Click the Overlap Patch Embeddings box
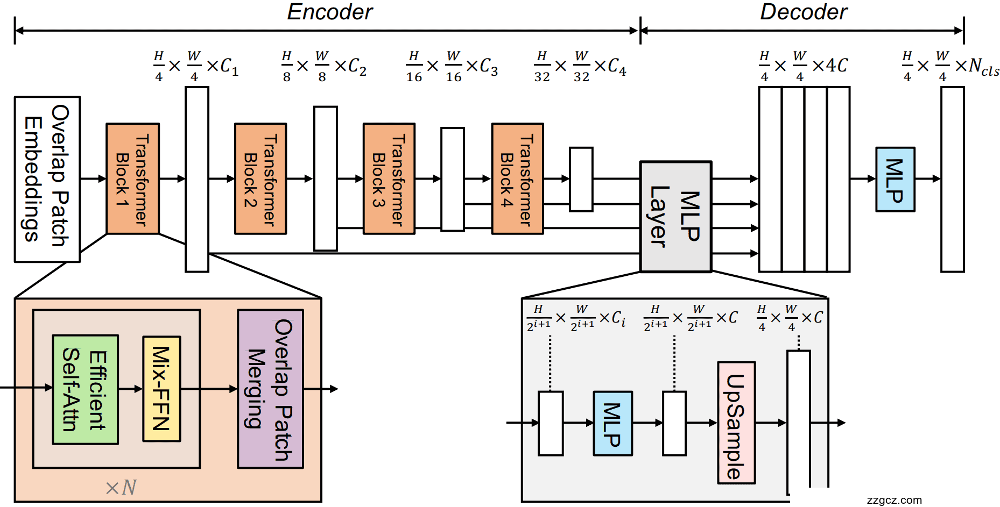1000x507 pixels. [x=47, y=179]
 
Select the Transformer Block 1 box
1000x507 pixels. [x=132, y=178]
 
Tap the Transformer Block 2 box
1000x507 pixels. [x=260, y=178]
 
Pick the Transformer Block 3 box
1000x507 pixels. [x=389, y=178]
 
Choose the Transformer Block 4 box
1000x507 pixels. [x=517, y=178]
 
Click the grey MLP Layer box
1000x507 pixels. [x=675, y=217]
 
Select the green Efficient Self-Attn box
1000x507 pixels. [x=85, y=389]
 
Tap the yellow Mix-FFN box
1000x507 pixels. [x=161, y=388]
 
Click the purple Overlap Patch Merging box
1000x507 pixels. [x=270, y=389]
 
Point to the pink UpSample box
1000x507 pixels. [x=736, y=423]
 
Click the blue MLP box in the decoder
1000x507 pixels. [x=895, y=179]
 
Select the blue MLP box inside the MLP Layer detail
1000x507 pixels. [x=612, y=423]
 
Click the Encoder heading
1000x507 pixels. [x=329, y=12]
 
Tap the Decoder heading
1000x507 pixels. [x=803, y=12]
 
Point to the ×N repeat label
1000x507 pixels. [x=121, y=488]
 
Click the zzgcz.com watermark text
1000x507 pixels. [x=894, y=500]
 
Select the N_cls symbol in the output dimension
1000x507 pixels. [x=983, y=67]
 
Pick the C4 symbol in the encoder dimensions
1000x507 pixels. [x=617, y=67]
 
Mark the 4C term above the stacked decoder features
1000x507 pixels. [x=836, y=66]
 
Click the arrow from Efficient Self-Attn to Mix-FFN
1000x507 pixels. [x=130, y=388]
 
